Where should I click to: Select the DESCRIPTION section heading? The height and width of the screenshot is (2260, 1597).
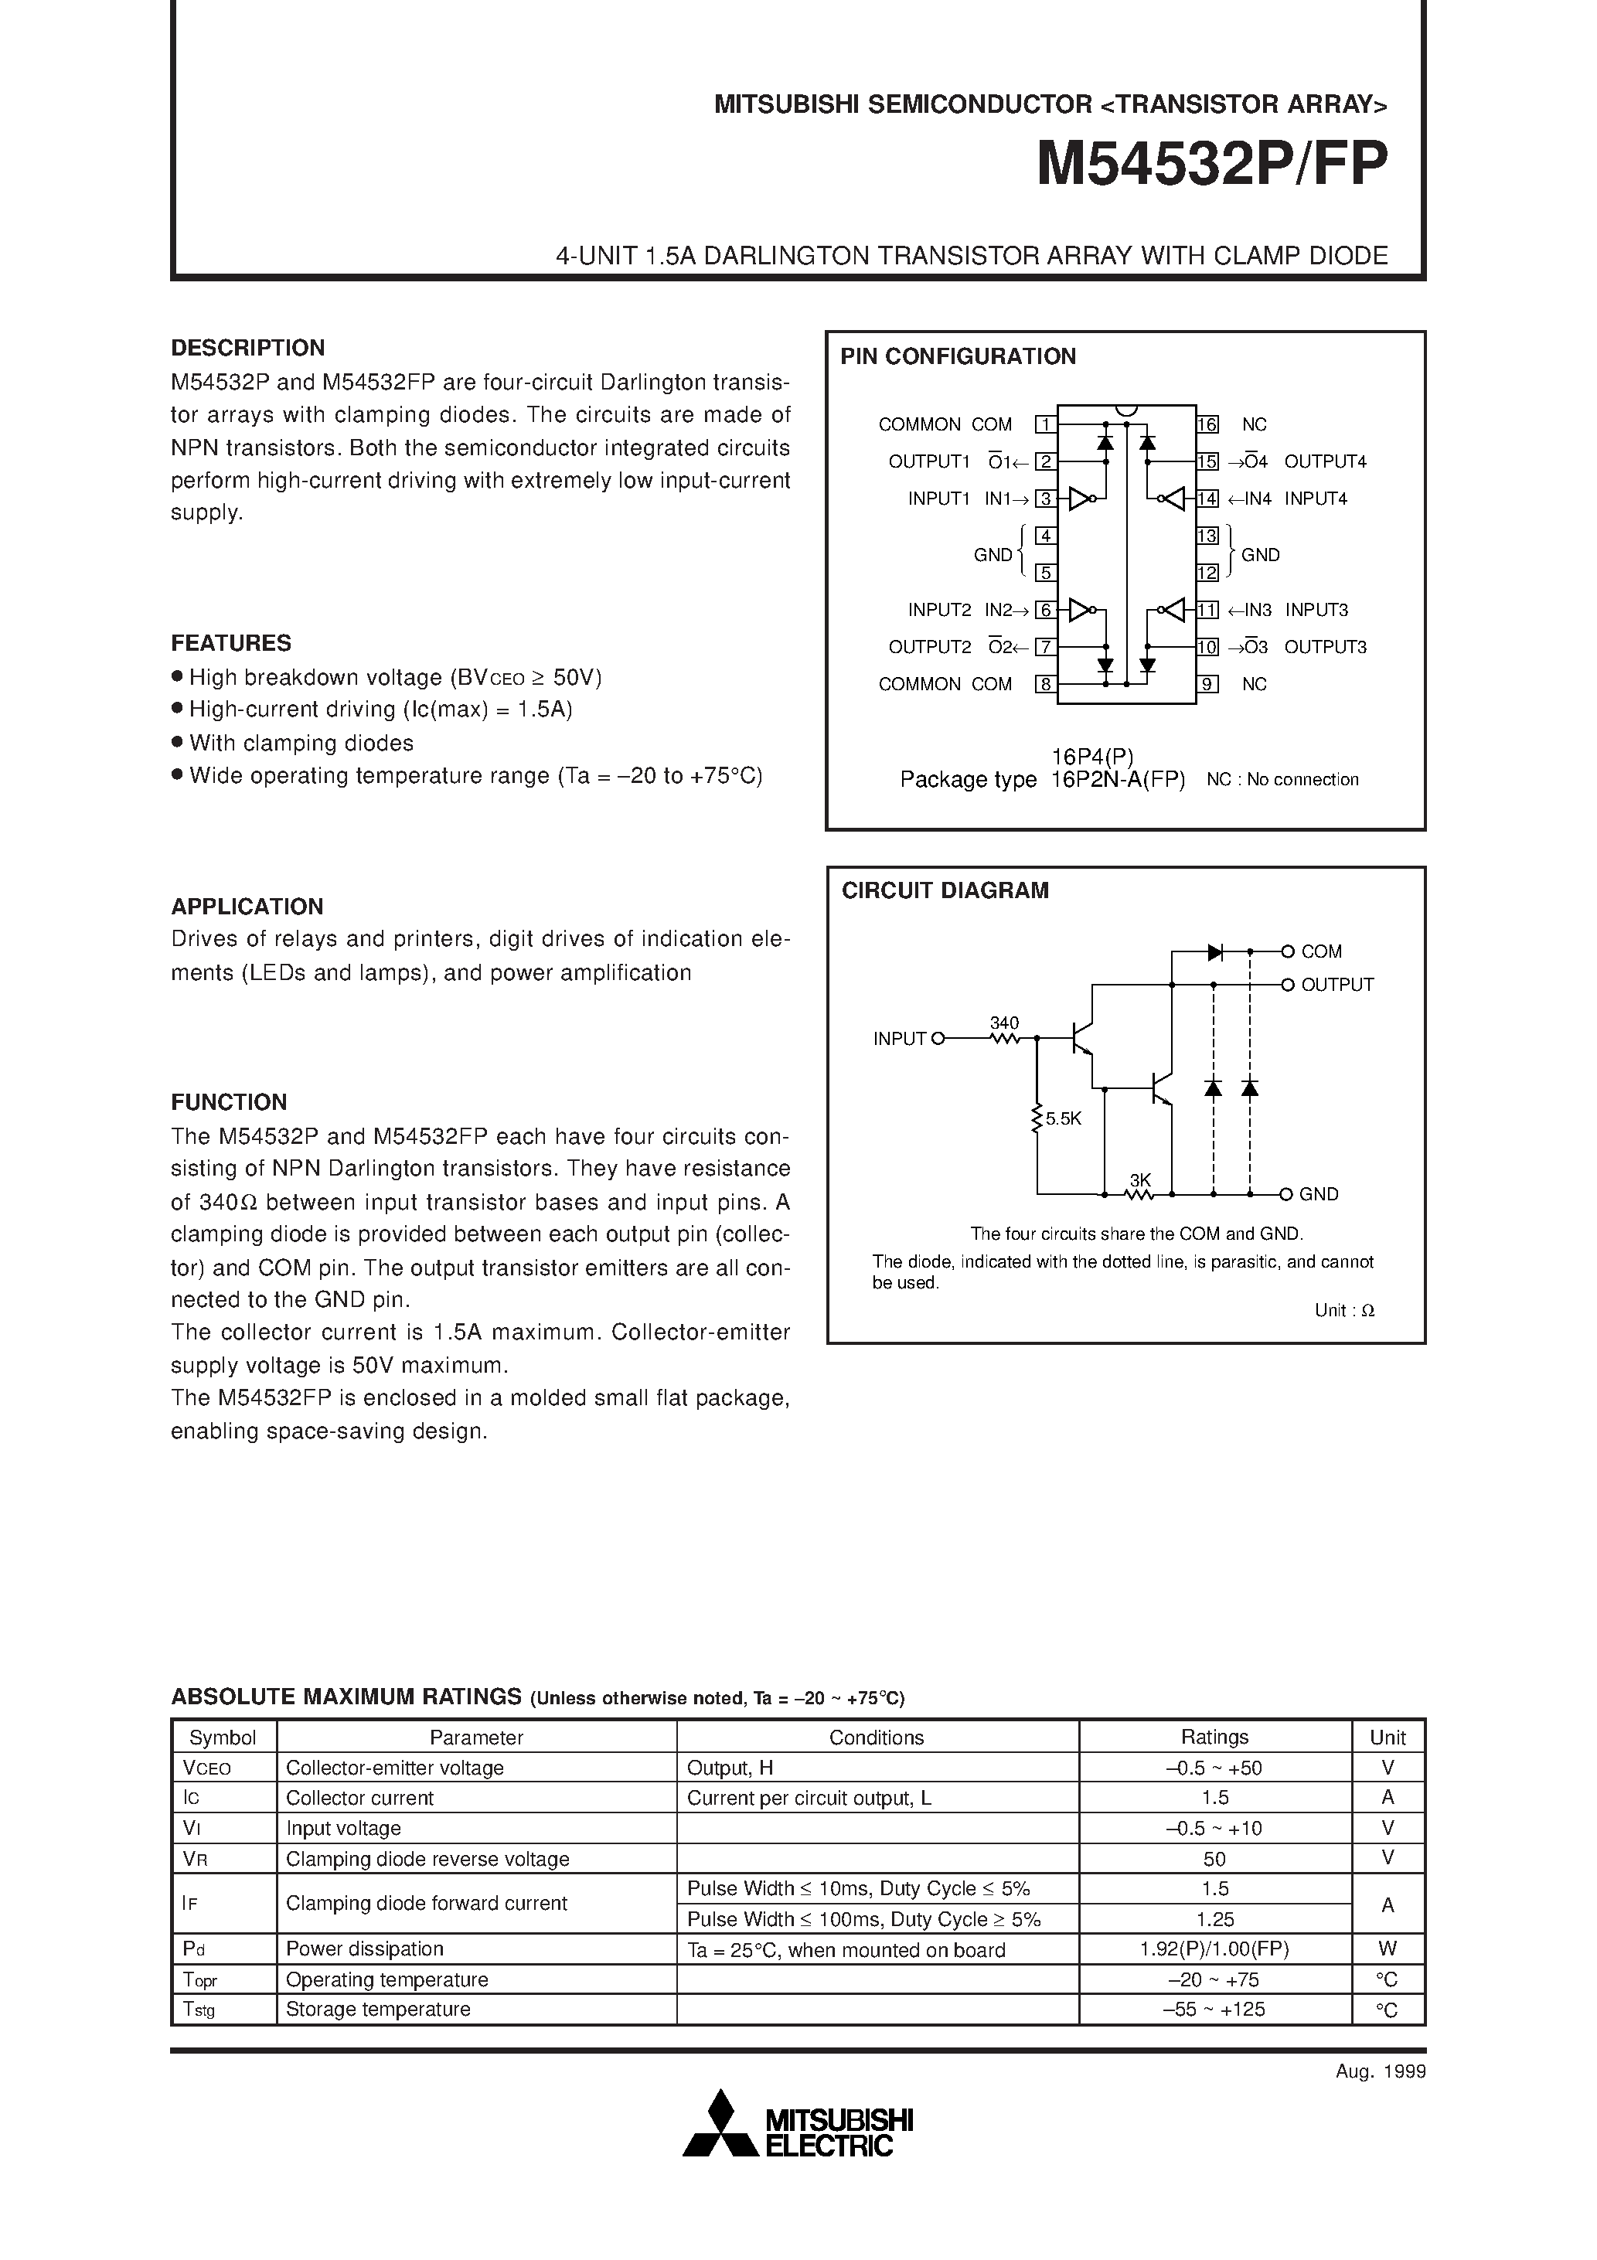(247, 348)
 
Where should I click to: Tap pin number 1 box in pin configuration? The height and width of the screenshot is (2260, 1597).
(1046, 425)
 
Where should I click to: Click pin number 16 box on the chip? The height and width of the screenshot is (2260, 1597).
(1208, 425)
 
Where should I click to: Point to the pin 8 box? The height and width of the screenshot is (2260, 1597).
(1046, 684)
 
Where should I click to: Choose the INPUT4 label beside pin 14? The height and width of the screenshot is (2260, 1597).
(1316, 499)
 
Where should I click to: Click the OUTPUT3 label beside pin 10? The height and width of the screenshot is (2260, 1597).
(1325, 648)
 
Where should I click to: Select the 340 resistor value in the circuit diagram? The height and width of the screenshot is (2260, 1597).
(1004, 1023)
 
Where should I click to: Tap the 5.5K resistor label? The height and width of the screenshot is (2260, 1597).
(1064, 1119)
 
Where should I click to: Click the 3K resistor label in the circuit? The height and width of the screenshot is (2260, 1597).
(1140, 1180)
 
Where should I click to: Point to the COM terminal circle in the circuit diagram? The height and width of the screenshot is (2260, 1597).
(1287, 951)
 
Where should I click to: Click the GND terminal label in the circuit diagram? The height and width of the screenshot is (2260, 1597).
(1319, 1195)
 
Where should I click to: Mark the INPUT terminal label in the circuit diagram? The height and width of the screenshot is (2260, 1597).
(900, 1039)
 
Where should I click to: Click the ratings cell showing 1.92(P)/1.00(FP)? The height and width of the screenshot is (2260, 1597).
(1214, 1949)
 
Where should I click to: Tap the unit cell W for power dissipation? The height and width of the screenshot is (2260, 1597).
(1388, 1949)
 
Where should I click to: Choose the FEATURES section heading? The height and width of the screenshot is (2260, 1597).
(231, 643)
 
